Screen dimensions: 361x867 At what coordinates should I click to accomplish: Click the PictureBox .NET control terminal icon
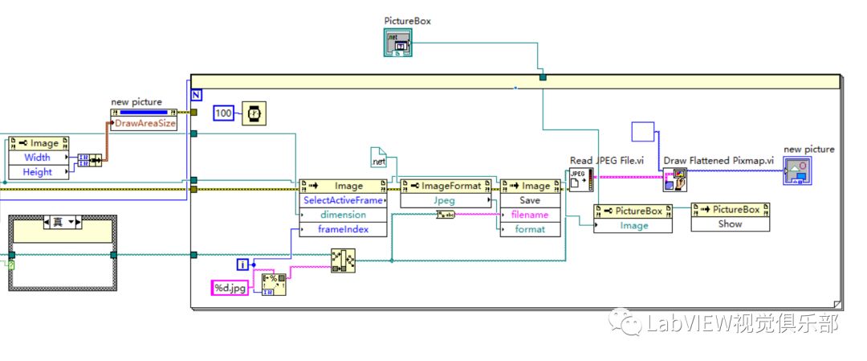point(398,43)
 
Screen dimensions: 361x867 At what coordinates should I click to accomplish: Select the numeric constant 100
point(224,113)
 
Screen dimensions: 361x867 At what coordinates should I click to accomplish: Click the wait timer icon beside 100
point(254,114)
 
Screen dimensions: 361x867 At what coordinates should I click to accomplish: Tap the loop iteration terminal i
point(242,264)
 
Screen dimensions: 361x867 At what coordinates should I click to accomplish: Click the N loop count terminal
point(197,93)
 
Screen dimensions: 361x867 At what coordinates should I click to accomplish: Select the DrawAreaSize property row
point(145,124)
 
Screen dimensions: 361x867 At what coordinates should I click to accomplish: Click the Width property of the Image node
point(37,158)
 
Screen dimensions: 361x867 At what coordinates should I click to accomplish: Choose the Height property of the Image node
point(37,172)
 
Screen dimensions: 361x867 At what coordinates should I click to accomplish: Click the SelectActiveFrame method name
point(343,200)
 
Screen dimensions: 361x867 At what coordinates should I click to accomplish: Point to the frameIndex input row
point(343,229)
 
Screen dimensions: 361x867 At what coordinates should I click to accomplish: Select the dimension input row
point(343,215)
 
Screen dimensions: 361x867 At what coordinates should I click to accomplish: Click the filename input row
point(530,215)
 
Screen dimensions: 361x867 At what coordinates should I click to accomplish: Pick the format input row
point(530,229)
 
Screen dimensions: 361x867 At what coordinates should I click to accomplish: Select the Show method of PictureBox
point(730,224)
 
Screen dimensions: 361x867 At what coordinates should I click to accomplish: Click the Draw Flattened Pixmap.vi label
point(718,161)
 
